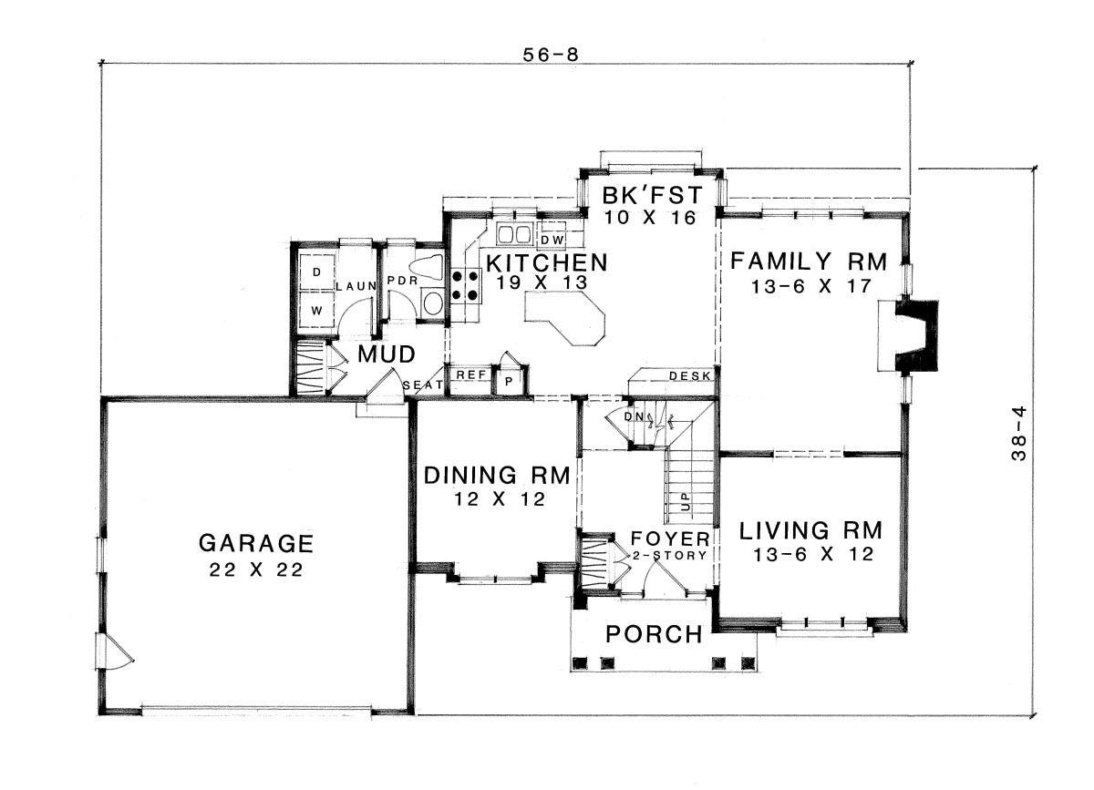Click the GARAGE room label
pos(256,543)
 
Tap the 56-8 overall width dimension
pos(551,55)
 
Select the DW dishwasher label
pos(552,240)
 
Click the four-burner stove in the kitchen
pos(466,285)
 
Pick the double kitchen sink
pos(514,233)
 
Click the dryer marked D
pos(317,272)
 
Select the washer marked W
pos(317,311)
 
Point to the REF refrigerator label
pos(470,374)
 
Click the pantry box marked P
pos(509,381)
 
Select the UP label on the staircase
pos(686,501)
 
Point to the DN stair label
pos(632,417)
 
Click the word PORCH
pos(654,634)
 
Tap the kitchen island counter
pos(565,318)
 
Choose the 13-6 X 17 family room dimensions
pos(810,285)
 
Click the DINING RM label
pos(497,475)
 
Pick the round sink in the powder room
pos(433,303)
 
